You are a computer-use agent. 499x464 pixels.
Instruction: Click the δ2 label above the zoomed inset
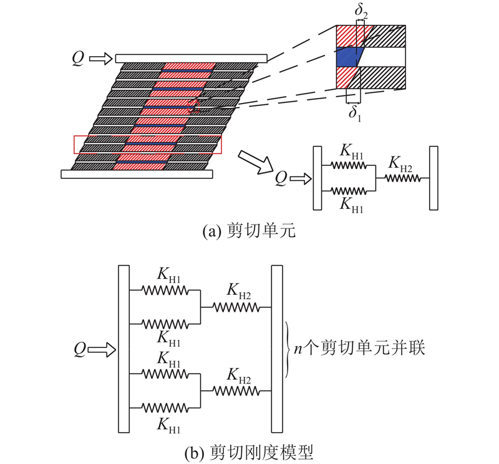361,11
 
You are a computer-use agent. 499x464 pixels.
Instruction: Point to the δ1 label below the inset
355,114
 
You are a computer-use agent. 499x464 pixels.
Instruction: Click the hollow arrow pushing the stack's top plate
101,59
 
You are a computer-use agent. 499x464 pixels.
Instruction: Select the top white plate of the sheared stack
191,58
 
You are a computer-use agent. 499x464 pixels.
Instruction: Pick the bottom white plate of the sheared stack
137,174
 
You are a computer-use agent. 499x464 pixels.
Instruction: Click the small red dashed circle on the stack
194,105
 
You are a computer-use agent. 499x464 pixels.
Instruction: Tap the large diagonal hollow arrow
255,162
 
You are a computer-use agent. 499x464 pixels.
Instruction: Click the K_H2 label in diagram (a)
400,164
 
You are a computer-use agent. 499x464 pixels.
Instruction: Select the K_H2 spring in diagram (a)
402,178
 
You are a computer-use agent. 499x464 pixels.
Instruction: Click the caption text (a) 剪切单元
249,230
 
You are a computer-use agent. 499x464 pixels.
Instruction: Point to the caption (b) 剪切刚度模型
249,452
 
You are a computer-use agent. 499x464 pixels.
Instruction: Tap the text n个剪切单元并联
359,348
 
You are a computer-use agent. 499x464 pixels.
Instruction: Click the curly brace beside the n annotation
288,350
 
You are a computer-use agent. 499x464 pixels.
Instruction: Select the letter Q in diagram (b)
80,349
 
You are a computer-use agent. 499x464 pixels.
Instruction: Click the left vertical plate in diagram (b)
124,349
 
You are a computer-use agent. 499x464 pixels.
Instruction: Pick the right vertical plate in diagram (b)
277,349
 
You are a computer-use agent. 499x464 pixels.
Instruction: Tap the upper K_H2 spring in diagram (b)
236,307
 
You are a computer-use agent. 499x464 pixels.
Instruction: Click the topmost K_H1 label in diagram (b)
168,275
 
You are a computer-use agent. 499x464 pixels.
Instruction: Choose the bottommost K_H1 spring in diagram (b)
165,408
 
